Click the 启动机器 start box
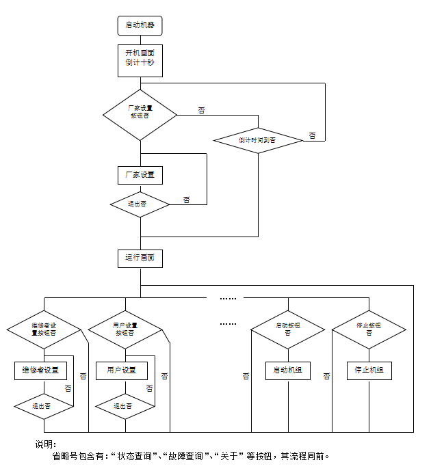(140, 25)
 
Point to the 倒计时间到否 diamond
(258, 139)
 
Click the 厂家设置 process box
(140, 174)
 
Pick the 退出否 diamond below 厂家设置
(140, 204)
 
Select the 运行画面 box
(140, 258)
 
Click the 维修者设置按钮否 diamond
(44, 329)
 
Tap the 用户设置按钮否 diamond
(125, 329)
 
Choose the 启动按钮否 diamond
(287, 329)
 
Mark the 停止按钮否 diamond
(369, 329)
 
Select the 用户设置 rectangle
(121, 371)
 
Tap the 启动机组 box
(287, 371)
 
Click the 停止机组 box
(369, 371)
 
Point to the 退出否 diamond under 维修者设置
(44, 406)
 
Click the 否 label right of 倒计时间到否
(312, 136)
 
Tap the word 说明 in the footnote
(45, 444)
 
